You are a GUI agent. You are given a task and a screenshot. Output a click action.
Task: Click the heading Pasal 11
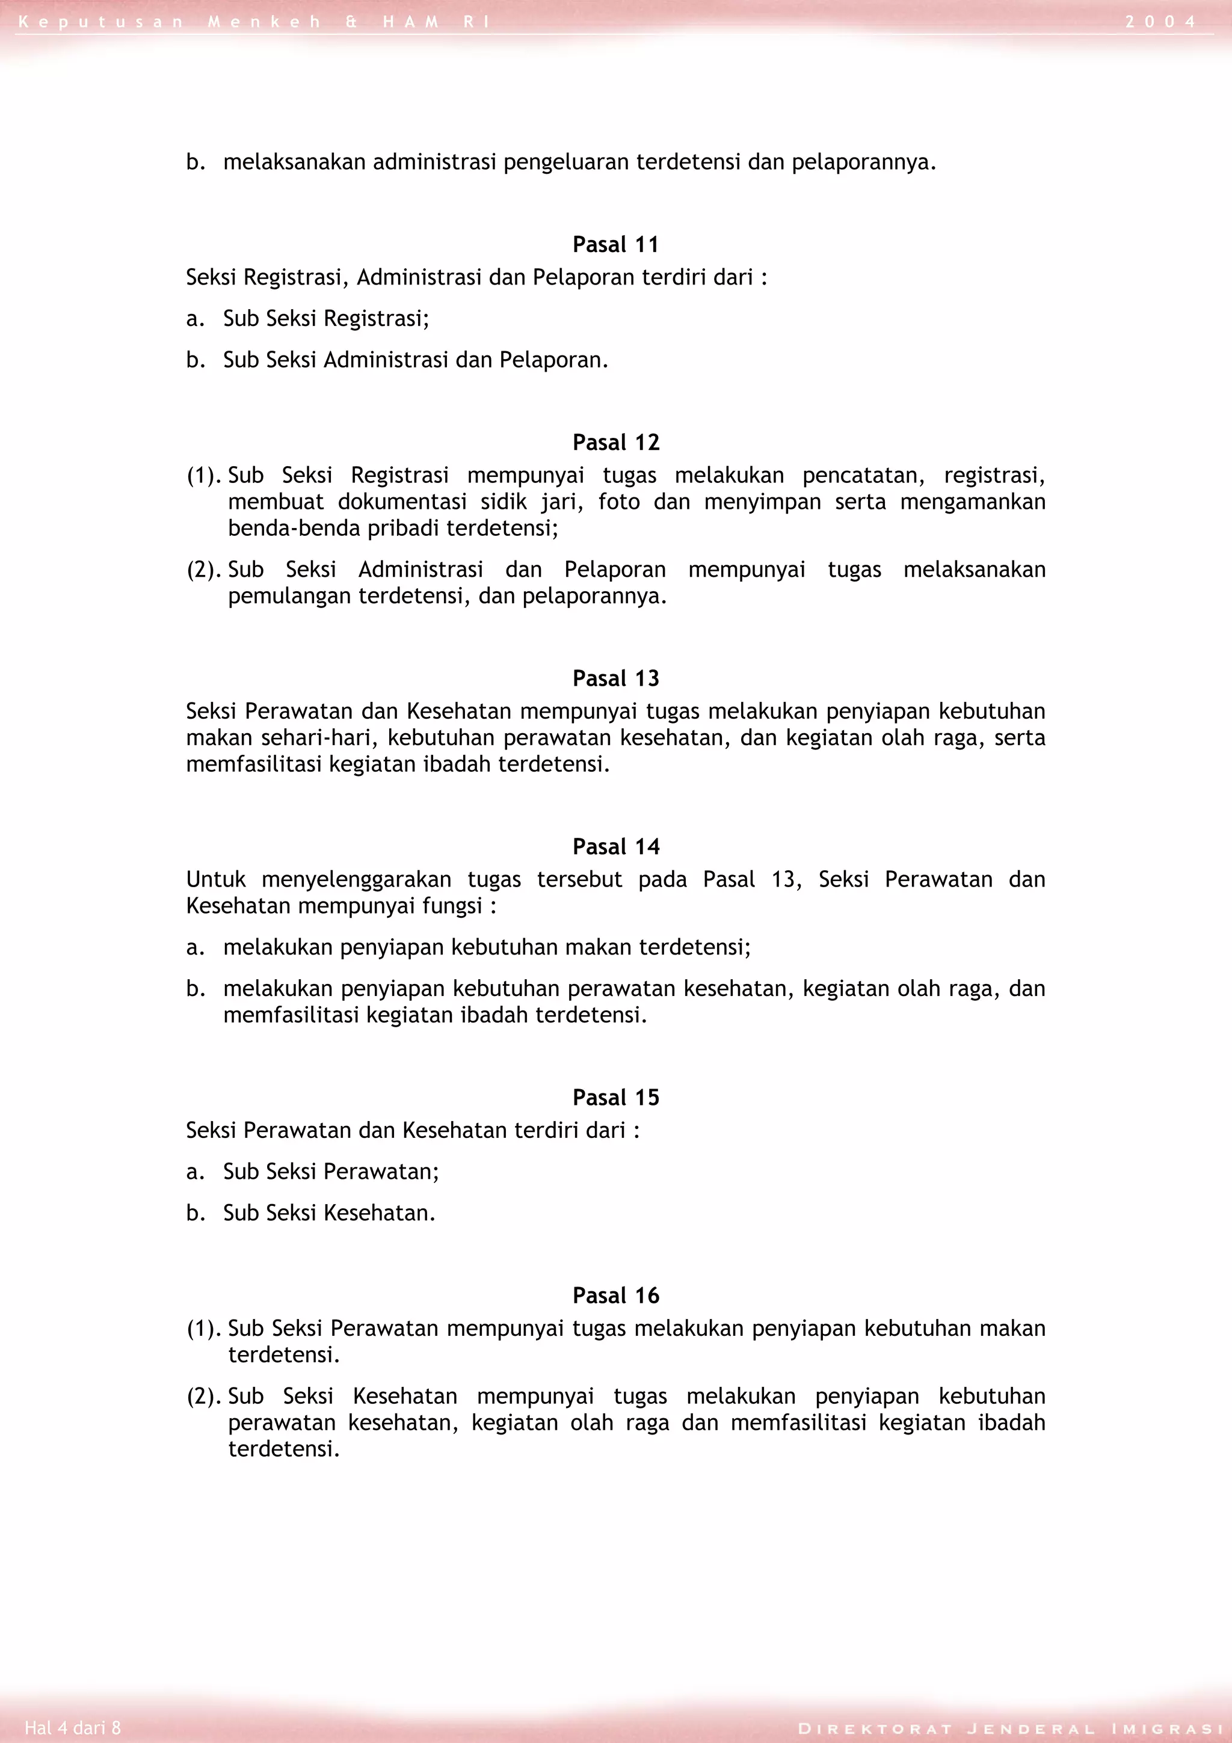point(615,244)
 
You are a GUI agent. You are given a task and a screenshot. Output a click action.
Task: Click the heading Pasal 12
point(615,443)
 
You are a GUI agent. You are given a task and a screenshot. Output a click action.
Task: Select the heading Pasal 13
point(615,678)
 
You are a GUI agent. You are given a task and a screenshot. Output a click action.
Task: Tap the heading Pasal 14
point(615,846)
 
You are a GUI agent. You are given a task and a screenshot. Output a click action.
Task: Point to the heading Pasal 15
point(615,1098)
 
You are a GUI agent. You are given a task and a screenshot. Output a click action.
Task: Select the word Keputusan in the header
point(100,22)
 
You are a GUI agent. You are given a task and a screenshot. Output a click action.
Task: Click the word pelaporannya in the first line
point(863,162)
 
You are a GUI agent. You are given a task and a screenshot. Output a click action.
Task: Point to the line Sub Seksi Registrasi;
point(327,319)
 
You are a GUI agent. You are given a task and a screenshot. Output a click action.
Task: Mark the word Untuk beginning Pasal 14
point(215,880)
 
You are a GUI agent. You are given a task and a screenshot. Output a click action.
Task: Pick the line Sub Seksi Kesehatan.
point(330,1213)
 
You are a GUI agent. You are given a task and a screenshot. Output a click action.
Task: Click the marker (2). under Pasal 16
point(205,1397)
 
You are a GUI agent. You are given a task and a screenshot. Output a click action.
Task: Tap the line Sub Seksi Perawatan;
point(331,1172)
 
